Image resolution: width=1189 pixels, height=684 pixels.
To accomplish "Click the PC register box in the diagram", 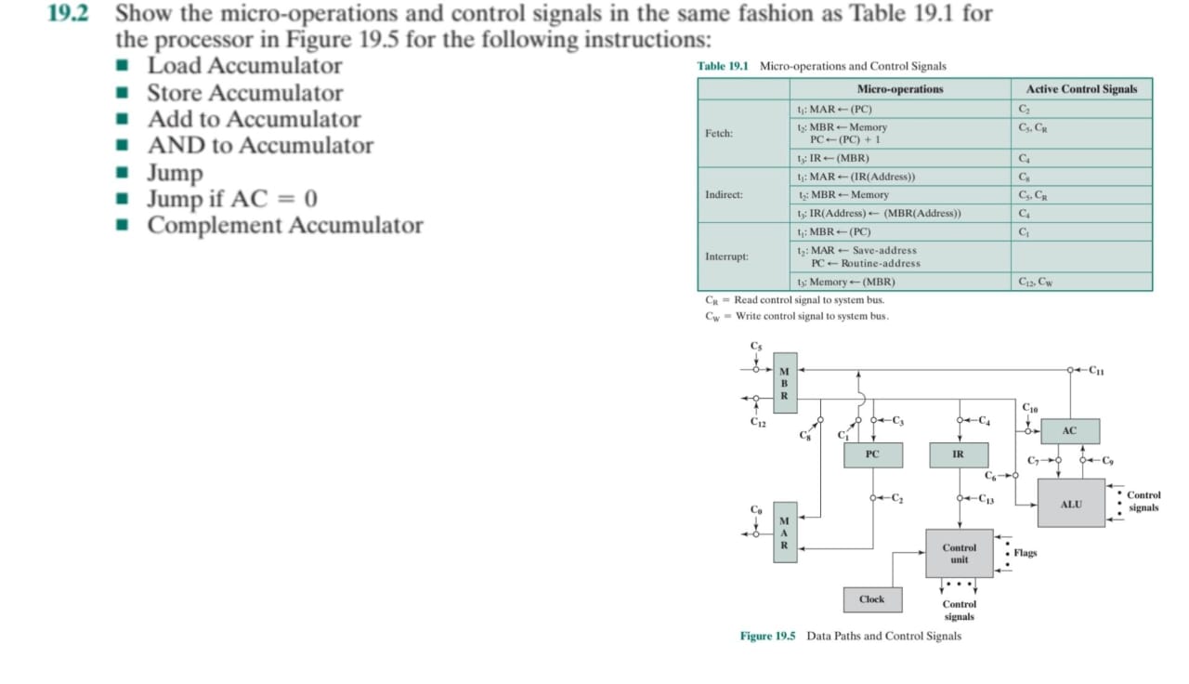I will click(x=871, y=454).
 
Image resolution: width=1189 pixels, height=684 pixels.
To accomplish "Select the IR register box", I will click(x=958, y=454).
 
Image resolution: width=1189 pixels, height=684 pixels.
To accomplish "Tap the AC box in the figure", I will click(x=1069, y=431).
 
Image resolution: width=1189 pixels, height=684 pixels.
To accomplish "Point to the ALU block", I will click(x=1071, y=504).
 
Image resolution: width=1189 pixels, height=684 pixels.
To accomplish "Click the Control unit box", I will click(x=959, y=554).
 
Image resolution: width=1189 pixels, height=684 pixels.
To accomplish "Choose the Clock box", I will click(x=871, y=599).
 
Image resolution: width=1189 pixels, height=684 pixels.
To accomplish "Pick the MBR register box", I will click(x=784, y=383).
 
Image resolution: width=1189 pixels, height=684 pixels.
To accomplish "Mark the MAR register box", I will click(x=784, y=533).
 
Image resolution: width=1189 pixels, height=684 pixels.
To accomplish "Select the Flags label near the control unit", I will click(x=1026, y=553).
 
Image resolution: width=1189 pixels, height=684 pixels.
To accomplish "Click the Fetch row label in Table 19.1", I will click(x=719, y=133).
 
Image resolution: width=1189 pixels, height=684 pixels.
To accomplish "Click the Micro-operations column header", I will click(x=899, y=89).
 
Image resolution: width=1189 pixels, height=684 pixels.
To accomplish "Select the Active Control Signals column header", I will click(x=1081, y=89).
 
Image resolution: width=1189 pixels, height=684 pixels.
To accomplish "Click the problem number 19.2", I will click(x=66, y=15).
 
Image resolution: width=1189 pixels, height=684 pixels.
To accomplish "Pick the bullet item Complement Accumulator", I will click(x=284, y=226).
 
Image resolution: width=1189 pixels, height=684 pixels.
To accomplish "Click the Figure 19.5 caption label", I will click(x=767, y=636).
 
